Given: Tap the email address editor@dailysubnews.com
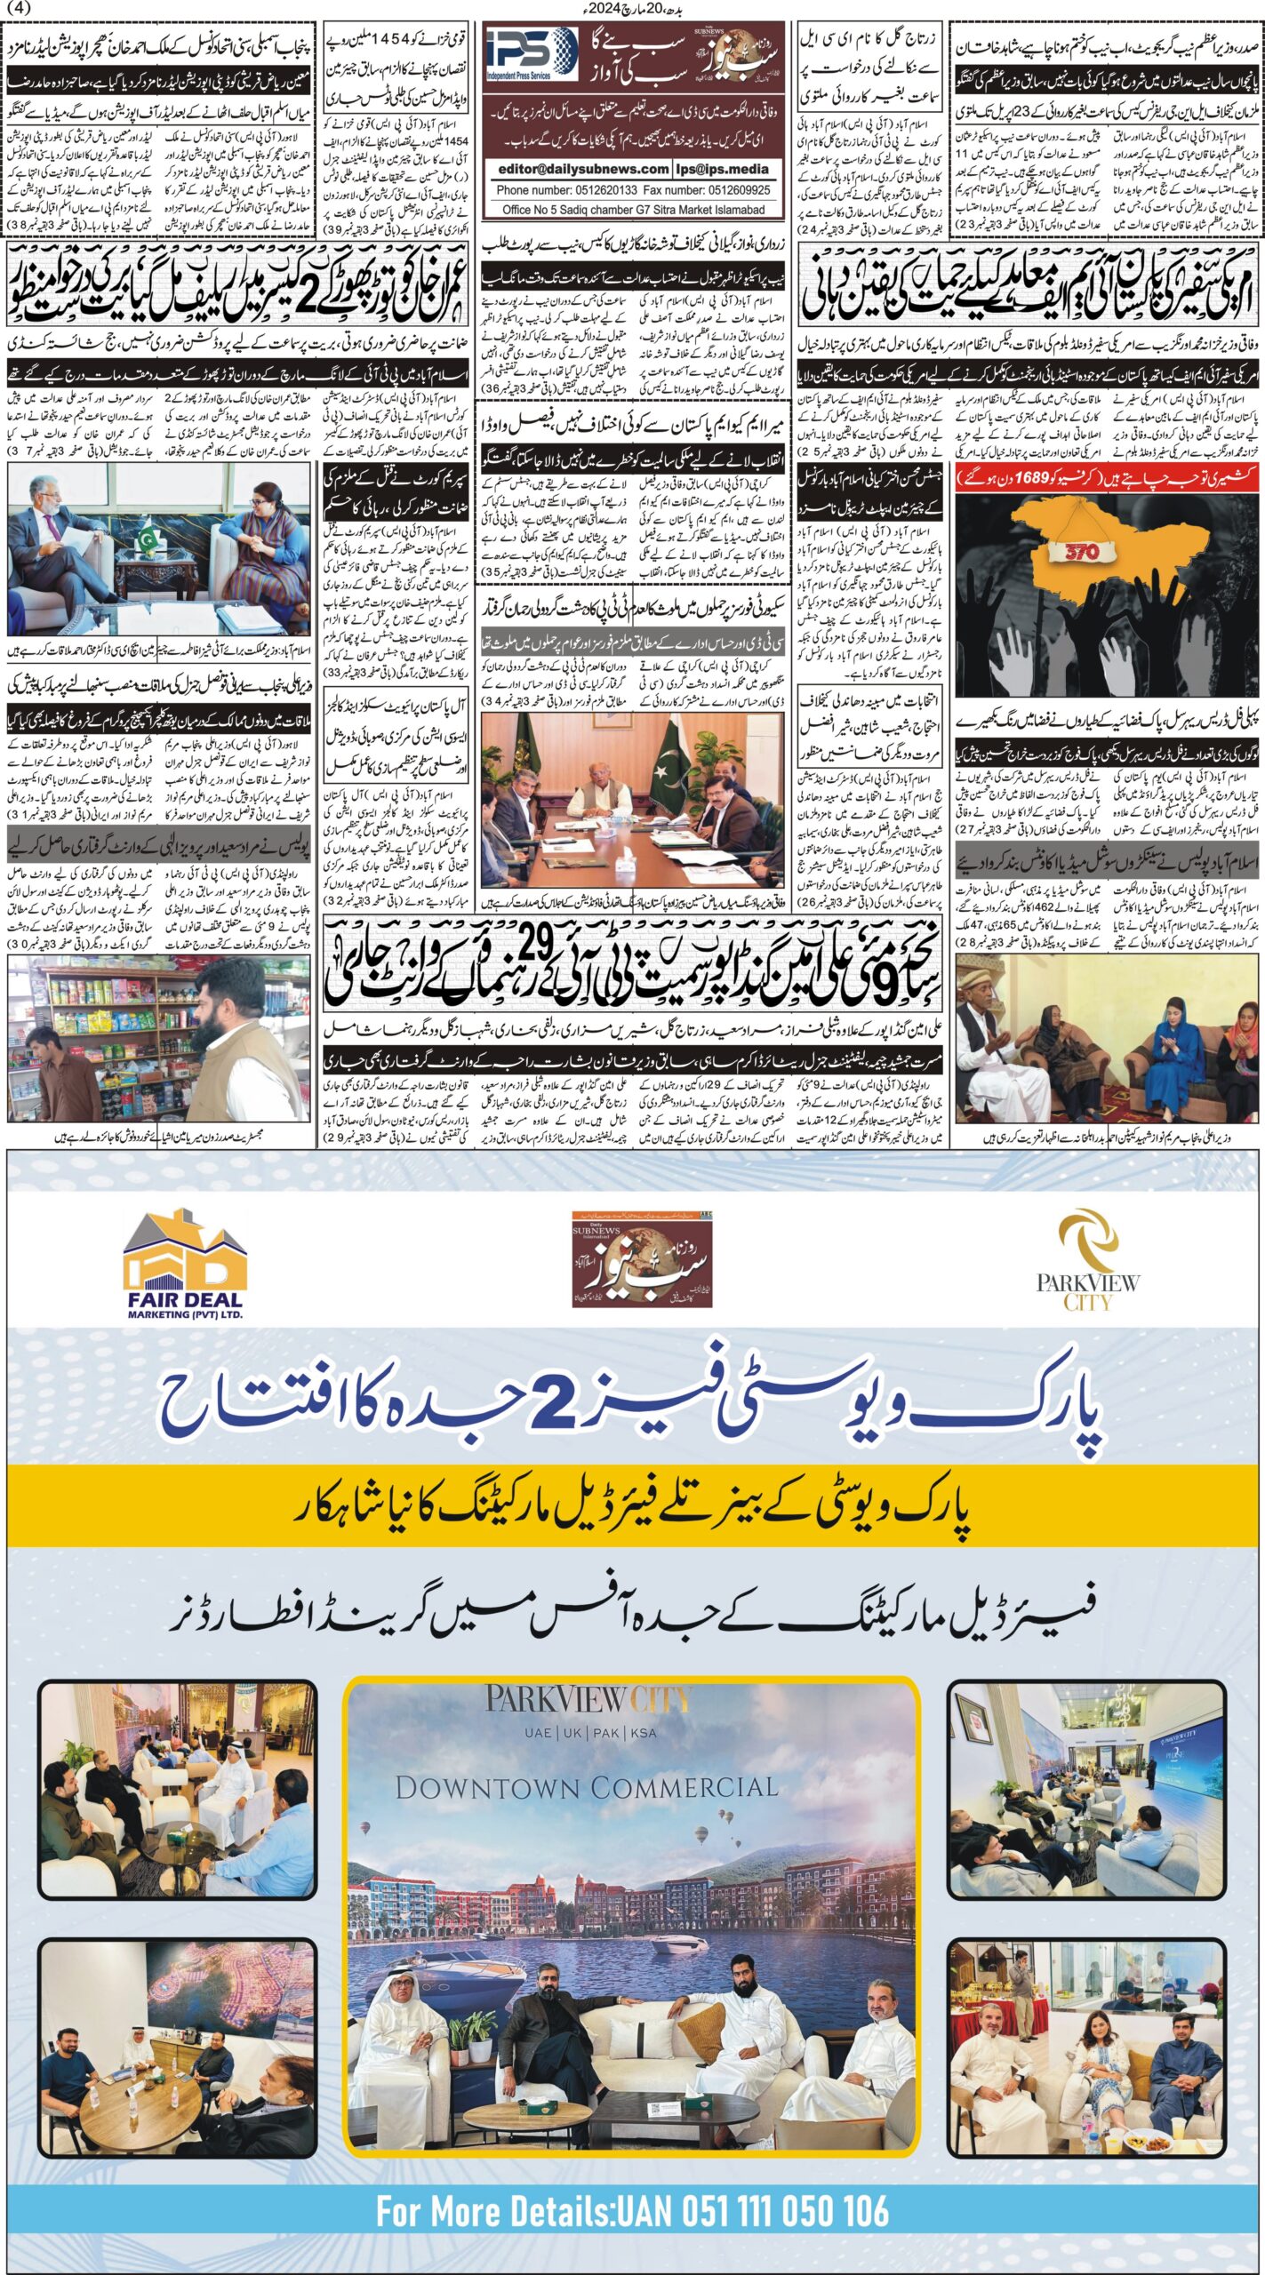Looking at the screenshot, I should click(583, 169).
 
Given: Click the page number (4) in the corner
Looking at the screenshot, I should click(17, 8).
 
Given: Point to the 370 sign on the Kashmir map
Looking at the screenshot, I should click(1082, 552).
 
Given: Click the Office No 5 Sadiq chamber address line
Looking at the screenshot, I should click(633, 210).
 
